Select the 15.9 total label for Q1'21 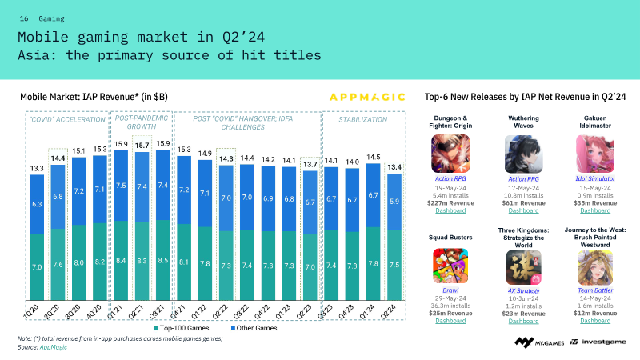pos(122,144)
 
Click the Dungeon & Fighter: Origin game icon pos(450,154)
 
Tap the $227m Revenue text pos(450,202)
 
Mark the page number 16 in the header pos(24,17)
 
